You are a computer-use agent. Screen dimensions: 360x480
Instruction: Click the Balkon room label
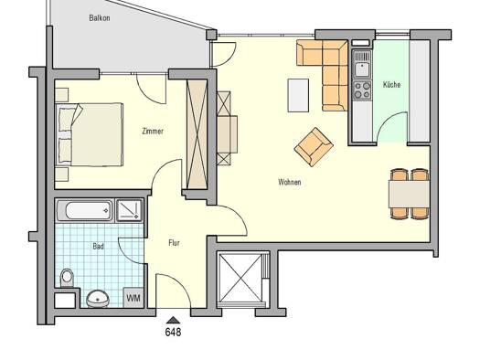(x=101, y=17)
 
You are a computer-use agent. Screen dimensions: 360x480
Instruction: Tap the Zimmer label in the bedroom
(x=153, y=132)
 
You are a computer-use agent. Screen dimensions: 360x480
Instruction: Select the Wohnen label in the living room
(x=290, y=182)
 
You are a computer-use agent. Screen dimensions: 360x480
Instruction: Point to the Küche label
(x=391, y=85)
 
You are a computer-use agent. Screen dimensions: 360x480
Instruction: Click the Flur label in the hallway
(x=174, y=243)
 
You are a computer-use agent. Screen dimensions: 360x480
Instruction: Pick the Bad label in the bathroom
(x=98, y=246)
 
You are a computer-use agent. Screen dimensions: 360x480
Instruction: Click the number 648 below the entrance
(x=173, y=333)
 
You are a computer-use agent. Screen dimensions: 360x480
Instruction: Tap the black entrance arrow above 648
(x=173, y=319)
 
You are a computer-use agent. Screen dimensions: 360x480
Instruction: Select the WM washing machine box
(x=133, y=298)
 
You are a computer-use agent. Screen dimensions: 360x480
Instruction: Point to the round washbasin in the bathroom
(x=97, y=297)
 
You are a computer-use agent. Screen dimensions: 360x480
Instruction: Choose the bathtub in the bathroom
(x=84, y=211)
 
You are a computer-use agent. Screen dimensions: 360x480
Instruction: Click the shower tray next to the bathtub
(x=130, y=211)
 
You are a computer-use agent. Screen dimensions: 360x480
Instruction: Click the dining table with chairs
(x=409, y=194)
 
